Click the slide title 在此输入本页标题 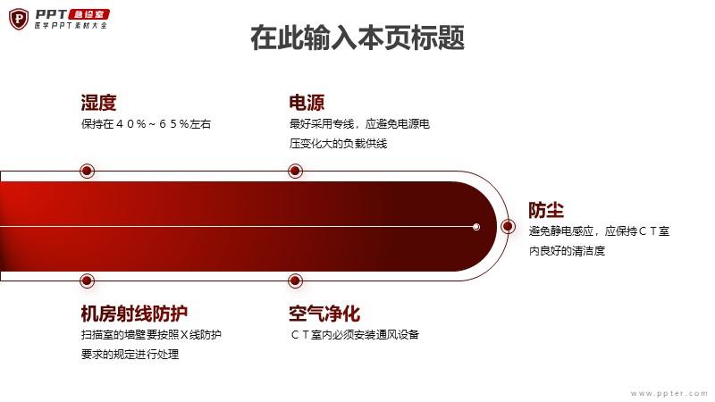[x=357, y=38]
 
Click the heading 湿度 [x=98, y=103]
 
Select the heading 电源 [x=307, y=103]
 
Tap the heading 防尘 [x=546, y=210]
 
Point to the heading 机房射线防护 [x=134, y=314]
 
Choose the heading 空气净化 [x=324, y=314]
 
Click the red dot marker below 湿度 [x=87, y=171]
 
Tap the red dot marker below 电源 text [x=296, y=171]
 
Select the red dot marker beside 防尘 [x=508, y=226]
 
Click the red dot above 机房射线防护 [x=87, y=281]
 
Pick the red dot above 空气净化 [x=296, y=281]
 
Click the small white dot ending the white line [x=476, y=227]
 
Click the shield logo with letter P [x=19, y=19]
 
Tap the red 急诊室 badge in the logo [x=88, y=14]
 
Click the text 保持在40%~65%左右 [x=146, y=124]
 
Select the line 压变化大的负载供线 [x=338, y=144]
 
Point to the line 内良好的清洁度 [x=567, y=251]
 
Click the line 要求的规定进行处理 [x=130, y=354]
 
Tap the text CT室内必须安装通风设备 [x=355, y=334]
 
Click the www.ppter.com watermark [x=669, y=393]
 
